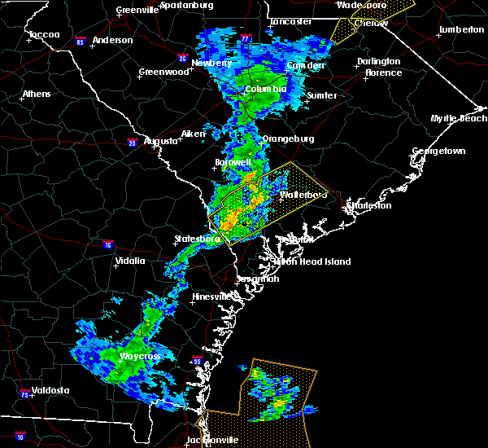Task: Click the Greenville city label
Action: [x=136, y=10]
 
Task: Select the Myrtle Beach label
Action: [x=460, y=119]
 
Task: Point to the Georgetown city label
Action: [x=438, y=152]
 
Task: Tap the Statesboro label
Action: [x=198, y=239]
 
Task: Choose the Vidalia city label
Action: [x=130, y=261]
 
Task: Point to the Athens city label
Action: [x=37, y=94]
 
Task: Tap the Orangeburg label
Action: [x=288, y=138]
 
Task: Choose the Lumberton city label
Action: [x=460, y=30]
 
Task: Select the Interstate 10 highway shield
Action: [x=20, y=437]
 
